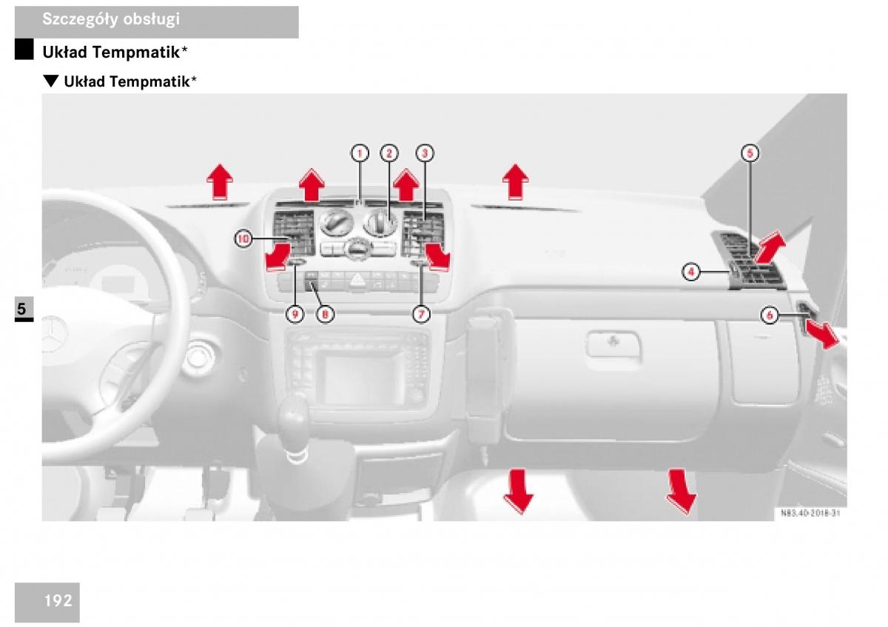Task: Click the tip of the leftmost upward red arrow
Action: coord(220,164)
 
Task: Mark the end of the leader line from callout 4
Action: coord(730,272)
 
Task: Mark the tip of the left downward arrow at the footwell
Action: coord(519,514)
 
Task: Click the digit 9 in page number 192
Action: coord(58,601)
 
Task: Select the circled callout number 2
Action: coord(389,153)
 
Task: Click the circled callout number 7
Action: coord(421,315)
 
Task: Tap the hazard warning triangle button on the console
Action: coord(357,281)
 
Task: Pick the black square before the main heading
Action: coord(24,49)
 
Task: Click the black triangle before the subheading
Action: coord(51,81)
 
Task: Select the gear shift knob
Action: coord(294,413)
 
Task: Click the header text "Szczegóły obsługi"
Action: coord(111,19)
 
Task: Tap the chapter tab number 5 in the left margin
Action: coord(21,308)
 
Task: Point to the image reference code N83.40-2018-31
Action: coord(810,513)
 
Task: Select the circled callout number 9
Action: coord(295,315)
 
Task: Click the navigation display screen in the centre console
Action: coord(358,380)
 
